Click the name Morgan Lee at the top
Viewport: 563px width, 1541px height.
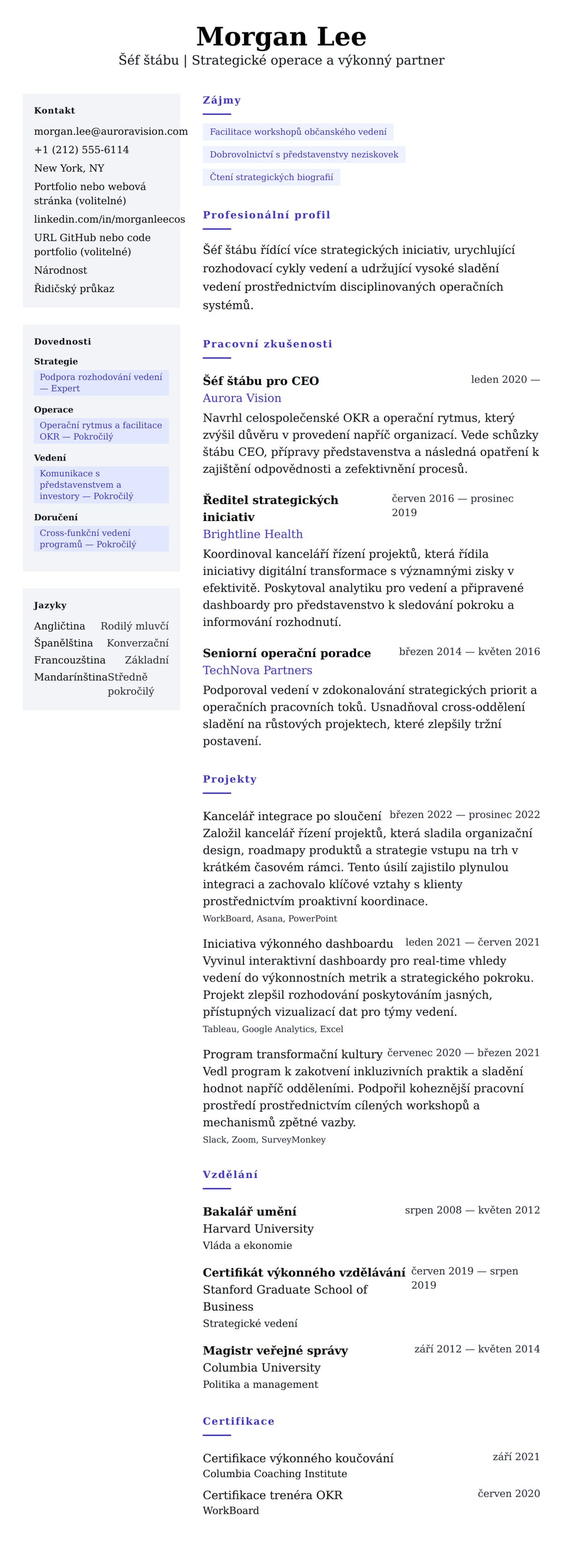tap(281, 37)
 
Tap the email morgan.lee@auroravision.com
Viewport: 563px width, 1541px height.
tap(111, 132)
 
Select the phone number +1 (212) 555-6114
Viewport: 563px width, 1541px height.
tap(81, 150)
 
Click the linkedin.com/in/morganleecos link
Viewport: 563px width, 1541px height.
tap(109, 219)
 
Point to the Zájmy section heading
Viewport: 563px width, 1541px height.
tap(222, 100)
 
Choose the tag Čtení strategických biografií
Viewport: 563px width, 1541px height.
tap(271, 178)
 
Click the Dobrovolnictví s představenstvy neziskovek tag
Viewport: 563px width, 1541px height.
tap(304, 155)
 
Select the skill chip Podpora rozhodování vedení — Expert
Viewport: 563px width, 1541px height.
tap(101, 383)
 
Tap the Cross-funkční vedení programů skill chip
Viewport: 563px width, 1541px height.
tap(101, 538)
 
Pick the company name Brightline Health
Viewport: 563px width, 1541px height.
tap(252, 534)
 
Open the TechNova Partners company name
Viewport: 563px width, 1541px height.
tap(257, 670)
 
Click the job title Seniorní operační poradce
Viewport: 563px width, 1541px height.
tap(287, 653)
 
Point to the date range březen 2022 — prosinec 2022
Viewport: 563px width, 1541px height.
tap(464, 815)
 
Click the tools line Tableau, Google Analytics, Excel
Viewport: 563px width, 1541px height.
tap(273, 1029)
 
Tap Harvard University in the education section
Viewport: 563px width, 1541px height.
tap(258, 1229)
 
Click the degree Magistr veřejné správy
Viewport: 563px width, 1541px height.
tap(275, 1351)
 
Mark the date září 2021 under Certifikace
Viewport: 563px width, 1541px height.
tap(516, 1457)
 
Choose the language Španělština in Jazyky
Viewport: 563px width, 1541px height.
tap(63, 643)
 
